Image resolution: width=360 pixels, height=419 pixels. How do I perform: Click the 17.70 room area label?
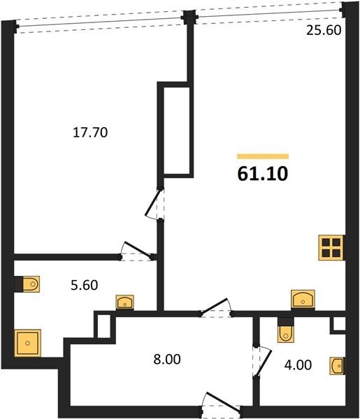pyautogui.click(x=90, y=132)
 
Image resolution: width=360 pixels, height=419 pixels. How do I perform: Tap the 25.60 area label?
pyautogui.click(x=324, y=30)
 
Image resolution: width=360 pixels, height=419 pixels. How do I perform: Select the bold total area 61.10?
pyautogui.click(x=263, y=174)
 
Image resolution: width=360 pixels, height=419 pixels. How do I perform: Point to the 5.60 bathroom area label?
pyautogui.click(x=85, y=285)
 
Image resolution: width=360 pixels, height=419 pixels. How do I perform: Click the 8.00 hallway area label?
pyautogui.click(x=167, y=360)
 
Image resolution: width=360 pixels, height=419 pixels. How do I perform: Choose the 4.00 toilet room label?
pyautogui.click(x=298, y=365)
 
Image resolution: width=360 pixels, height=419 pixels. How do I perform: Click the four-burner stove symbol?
pyautogui.click(x=331, y=247)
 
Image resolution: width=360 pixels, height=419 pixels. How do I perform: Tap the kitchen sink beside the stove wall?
pyautogui.click(x=303, y=300)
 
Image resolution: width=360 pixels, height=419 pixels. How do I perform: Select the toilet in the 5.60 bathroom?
pyautogui.click(x=27, y=284)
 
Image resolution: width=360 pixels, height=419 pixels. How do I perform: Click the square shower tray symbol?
pyautogui.click(x=28, y=343)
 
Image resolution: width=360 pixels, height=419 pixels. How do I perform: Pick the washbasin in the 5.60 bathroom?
pyautogui.click(x=124, y=302)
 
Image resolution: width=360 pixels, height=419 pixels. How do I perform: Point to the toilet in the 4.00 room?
pyautogui.click(x=286, y=330)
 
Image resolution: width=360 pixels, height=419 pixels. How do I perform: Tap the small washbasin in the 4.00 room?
pyautogui.click(x=338, y=365)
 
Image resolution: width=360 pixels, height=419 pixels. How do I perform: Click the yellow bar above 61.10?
pyautogui.click(x=263, y=156)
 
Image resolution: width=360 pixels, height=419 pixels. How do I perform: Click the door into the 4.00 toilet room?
pyautogui.click(x=262, y=361)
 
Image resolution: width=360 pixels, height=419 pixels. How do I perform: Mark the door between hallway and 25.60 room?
pyautogui.click(x=216, y=309)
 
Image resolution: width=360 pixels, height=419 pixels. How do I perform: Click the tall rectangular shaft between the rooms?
pyautogui.click(x=177, y=131)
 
